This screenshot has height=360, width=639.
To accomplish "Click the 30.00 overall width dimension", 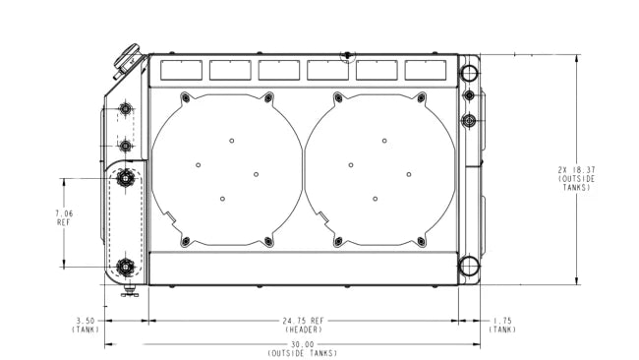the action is (x=303, y=344).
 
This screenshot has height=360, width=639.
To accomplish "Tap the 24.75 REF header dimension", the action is (x=303, y=322).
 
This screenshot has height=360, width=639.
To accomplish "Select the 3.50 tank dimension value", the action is (x=86, y=322).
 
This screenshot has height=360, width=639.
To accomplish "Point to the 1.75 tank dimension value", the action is (x=502, y=322).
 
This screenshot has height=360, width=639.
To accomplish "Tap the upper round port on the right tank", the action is (x=469, y=74).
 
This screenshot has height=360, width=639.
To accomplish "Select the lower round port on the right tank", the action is (x=469, y=266).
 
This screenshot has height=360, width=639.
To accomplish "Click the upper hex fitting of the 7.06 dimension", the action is (x=126, y=178).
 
